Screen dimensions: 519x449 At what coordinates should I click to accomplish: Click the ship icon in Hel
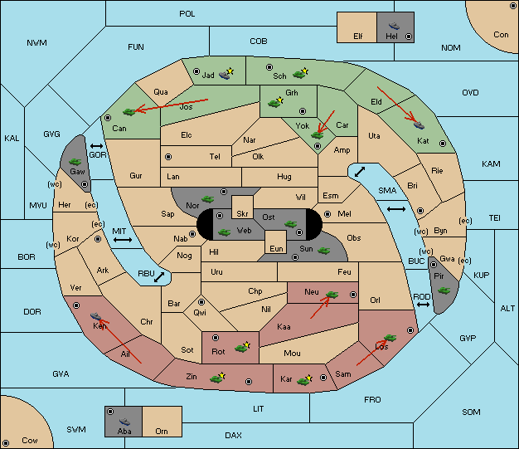pyautogui.click(x=394, y=26)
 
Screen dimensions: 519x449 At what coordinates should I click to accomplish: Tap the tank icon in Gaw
pyautogui.click(x=75, y=161)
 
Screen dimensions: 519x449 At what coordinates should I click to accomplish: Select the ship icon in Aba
pyautogui.click(x=124, y=421)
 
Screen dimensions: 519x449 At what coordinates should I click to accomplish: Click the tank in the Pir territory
pyautogui.click(x=444, y=290)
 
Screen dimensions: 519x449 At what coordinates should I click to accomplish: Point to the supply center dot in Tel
pyautogui.click(x=168, y=156)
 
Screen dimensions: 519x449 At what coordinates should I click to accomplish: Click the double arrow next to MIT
pyautogui.click(x=123, y=240)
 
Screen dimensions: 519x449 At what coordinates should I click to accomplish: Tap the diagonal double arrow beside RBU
pyautogui.click(x=159, y=277)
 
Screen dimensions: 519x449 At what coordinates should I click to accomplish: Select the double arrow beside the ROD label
pyautogui.click(x=423, y=305)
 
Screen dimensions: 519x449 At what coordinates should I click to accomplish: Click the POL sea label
pyautogui.click(x=187, y=14)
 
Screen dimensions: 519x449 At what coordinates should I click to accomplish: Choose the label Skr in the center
pyautogui.click(x=242, y=214)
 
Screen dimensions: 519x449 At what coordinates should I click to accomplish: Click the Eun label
pyautogui.click(x=276, y=248)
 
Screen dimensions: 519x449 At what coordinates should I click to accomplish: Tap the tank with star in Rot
pyautogui.click(x=243, y=347)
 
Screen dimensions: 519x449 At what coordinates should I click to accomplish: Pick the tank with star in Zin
pyautogui.click(x=217, y=378)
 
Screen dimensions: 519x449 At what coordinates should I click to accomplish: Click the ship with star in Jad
pyautogui.click(x=226, y=74)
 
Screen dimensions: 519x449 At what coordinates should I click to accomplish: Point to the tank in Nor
pyautogui.click(x=208, y=199)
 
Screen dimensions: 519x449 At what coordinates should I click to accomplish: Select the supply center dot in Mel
pyautogui.click(x=327, y=214)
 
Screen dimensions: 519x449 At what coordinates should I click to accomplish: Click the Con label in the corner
pyautogui.click(x=501, y=35)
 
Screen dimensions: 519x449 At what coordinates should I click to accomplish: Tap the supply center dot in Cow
pyautogui.click(x=6, y=442)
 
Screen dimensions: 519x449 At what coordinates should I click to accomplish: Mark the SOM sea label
pyautogui.click(x=471, y=412)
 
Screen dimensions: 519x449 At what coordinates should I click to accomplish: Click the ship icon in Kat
pyautogui.click(x=419, y=125)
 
